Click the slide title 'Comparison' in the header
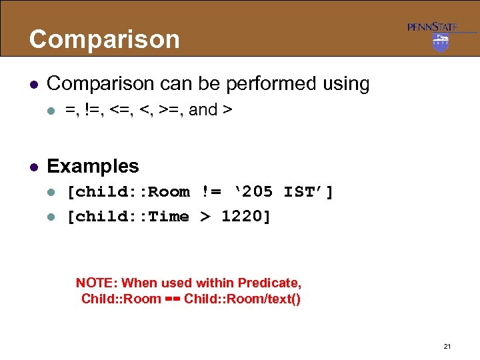click(105, 39)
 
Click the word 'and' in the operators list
click(203, 110)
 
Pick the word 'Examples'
click(93, 166)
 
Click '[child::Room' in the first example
click(129, 193)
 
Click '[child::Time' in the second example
click(129, 216)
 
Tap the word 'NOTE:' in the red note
click(97, 283)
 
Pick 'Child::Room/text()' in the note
click(242, 299)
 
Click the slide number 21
click(447, 346)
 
